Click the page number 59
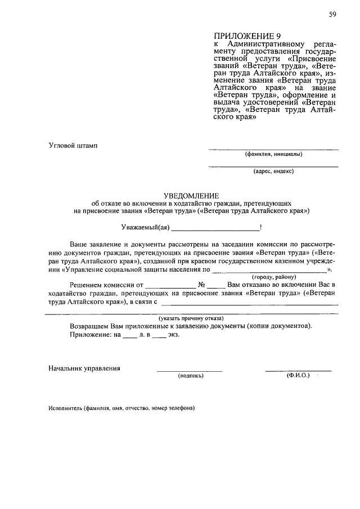[x=332, y=15]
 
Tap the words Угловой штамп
[x=73, y=146]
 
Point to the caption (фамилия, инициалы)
[x=273, y=154]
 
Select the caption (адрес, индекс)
[x=273, y=171]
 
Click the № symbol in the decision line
[x=201, y=285]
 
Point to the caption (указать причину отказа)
[x=191, y=318]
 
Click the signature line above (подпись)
[x=190, y=371]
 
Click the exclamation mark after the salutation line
[x=261, y=227]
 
